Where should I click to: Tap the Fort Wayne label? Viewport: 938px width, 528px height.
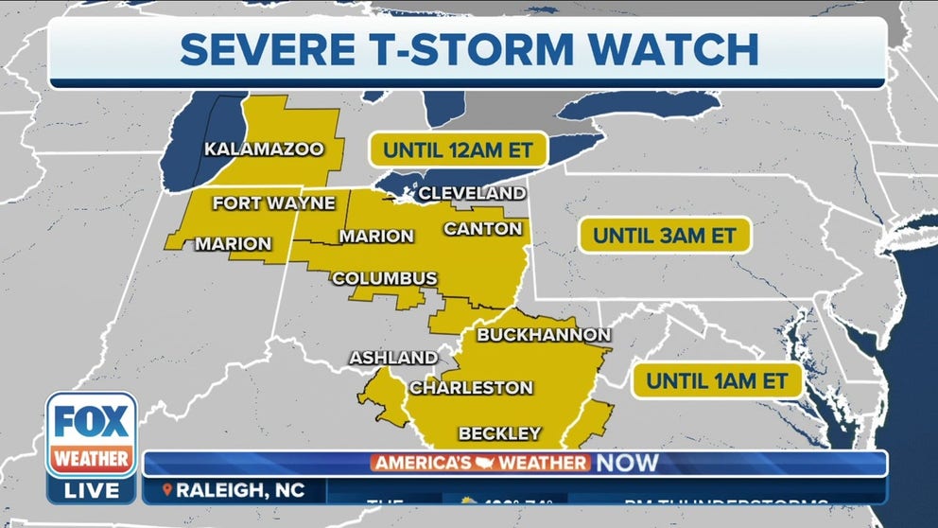273,202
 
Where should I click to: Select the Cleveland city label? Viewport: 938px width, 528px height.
472,193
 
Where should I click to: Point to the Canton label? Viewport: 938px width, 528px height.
482,228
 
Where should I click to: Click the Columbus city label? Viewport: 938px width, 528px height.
384,278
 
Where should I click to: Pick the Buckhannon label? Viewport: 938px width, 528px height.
544,334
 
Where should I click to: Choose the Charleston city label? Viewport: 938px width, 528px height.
471,387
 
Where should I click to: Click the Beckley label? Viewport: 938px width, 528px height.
499,433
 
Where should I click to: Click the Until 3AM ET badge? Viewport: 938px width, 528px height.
665,234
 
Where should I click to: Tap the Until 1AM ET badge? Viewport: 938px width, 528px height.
717,380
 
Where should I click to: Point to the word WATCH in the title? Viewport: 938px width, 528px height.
677,50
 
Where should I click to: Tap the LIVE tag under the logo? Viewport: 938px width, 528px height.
93,489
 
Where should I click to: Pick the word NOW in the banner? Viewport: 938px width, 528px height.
626,463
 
